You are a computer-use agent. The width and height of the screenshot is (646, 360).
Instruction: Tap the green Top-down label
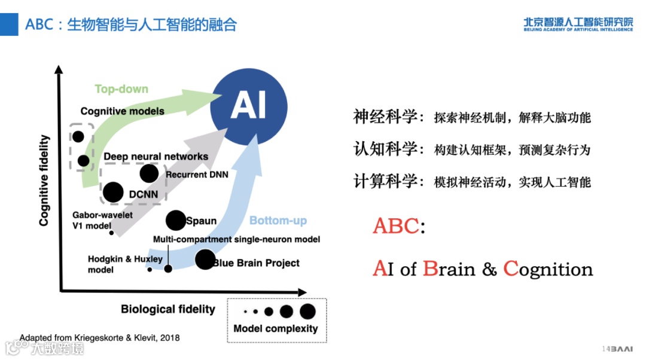coord(121,89)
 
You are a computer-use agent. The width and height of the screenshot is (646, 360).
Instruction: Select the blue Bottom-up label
coord(278,221)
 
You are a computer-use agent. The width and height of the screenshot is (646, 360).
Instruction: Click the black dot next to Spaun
coord(175,221)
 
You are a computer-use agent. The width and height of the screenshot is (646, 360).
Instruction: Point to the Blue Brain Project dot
coord(205,260)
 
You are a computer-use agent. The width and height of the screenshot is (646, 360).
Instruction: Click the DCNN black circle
coord(113,193)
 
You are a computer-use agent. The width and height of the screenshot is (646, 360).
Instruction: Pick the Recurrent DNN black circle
coord(149,173)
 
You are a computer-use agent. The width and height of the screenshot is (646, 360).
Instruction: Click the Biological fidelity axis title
coord(167,309)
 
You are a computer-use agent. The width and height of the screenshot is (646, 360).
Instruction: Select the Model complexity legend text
coord(276,328)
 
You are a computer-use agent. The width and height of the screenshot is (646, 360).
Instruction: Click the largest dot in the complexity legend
coord(307,311)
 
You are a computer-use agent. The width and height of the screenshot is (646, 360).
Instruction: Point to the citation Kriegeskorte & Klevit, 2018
coord(99,338)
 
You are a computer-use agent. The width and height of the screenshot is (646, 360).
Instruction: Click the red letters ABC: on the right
coord(398,226)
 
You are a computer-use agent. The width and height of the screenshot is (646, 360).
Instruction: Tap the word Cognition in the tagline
coord(549,270)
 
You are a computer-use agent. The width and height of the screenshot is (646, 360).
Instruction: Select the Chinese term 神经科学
coord(385,117)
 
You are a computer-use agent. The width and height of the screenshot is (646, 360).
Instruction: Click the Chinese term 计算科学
coord(385,181)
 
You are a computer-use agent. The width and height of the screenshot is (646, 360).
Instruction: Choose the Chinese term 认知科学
coord(385,149)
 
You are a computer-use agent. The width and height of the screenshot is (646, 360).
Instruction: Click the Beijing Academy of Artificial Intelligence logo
coord(578,24)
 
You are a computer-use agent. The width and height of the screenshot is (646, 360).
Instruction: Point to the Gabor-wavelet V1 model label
coord(97,219)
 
